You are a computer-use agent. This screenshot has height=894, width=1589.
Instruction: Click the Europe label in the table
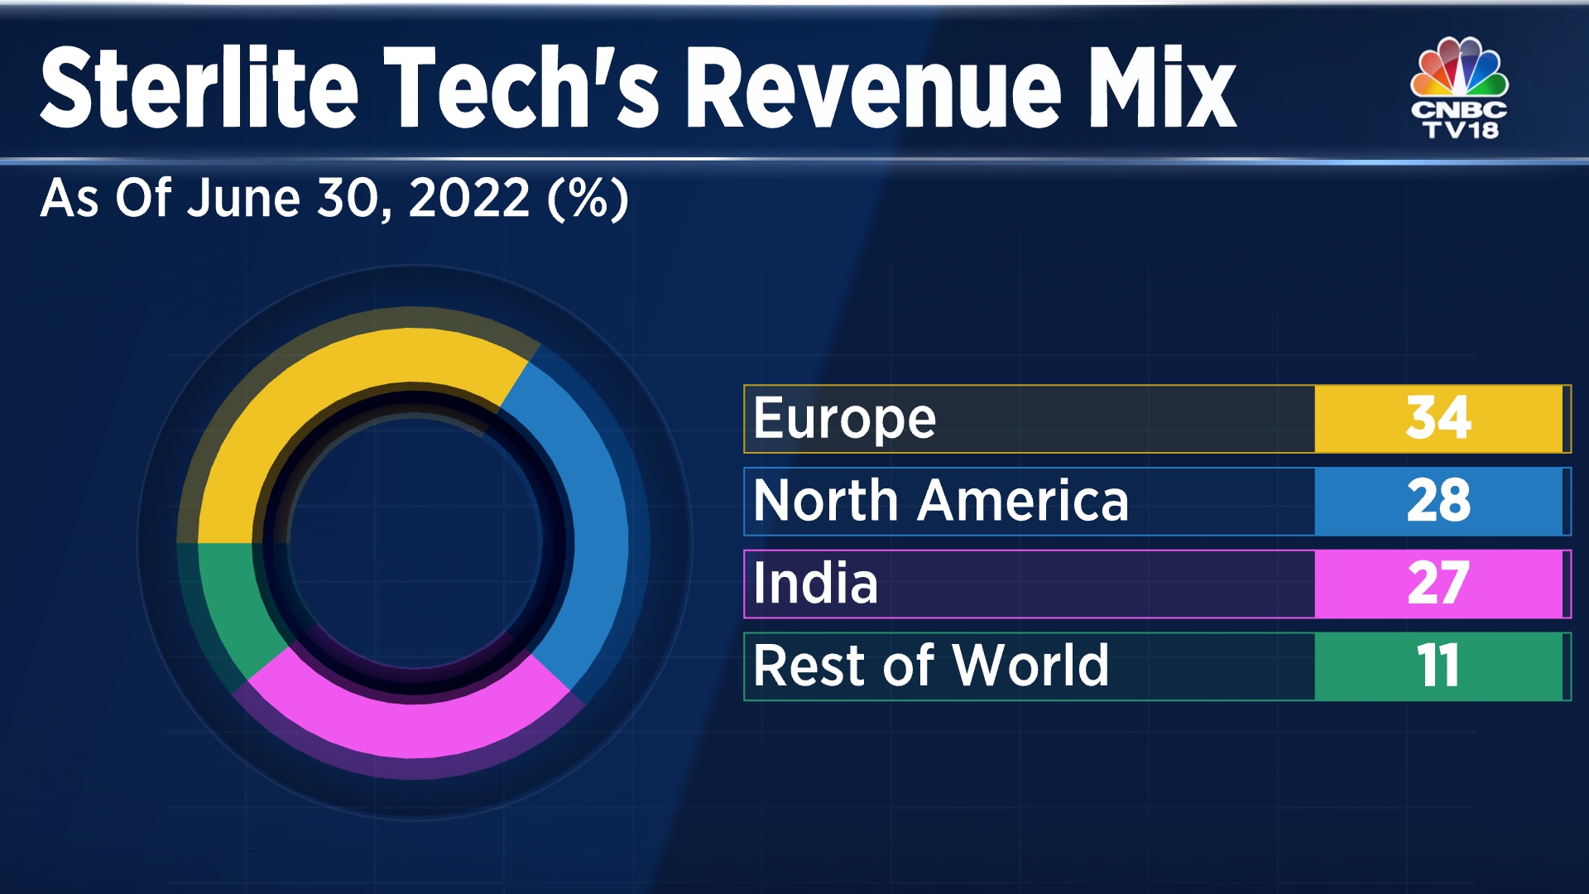pyautogui.click(x=844, y=419)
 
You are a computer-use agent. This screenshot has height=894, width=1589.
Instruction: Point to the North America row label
pyautogui.click(x=941, y=501)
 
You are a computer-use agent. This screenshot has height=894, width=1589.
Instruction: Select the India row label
pyautogui.click(x=815, y=584)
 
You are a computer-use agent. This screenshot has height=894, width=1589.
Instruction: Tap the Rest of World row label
pyautogui.click(x=931, y=666)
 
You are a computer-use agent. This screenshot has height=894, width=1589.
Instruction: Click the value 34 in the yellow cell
pyautogui.click(x=1438, y=418)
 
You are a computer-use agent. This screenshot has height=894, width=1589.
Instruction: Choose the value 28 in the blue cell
pyautogui.click(x=1438, y=501)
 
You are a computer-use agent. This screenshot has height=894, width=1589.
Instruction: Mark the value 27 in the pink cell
pyautogui.click(x=1438, y=584)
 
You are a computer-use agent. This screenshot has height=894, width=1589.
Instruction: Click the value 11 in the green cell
pyautogui.click(x=1438, y=666)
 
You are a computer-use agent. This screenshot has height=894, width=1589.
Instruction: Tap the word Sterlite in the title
pyautogui.click(x=199, y=88)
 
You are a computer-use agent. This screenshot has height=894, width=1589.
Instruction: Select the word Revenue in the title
pyautogui.click(x=873, y=88)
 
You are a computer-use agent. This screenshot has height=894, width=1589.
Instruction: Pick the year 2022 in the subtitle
pyautogui.click(x=468, y=199)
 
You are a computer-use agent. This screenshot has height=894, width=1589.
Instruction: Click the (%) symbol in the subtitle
pyautogui.click(x=588, y=199)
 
